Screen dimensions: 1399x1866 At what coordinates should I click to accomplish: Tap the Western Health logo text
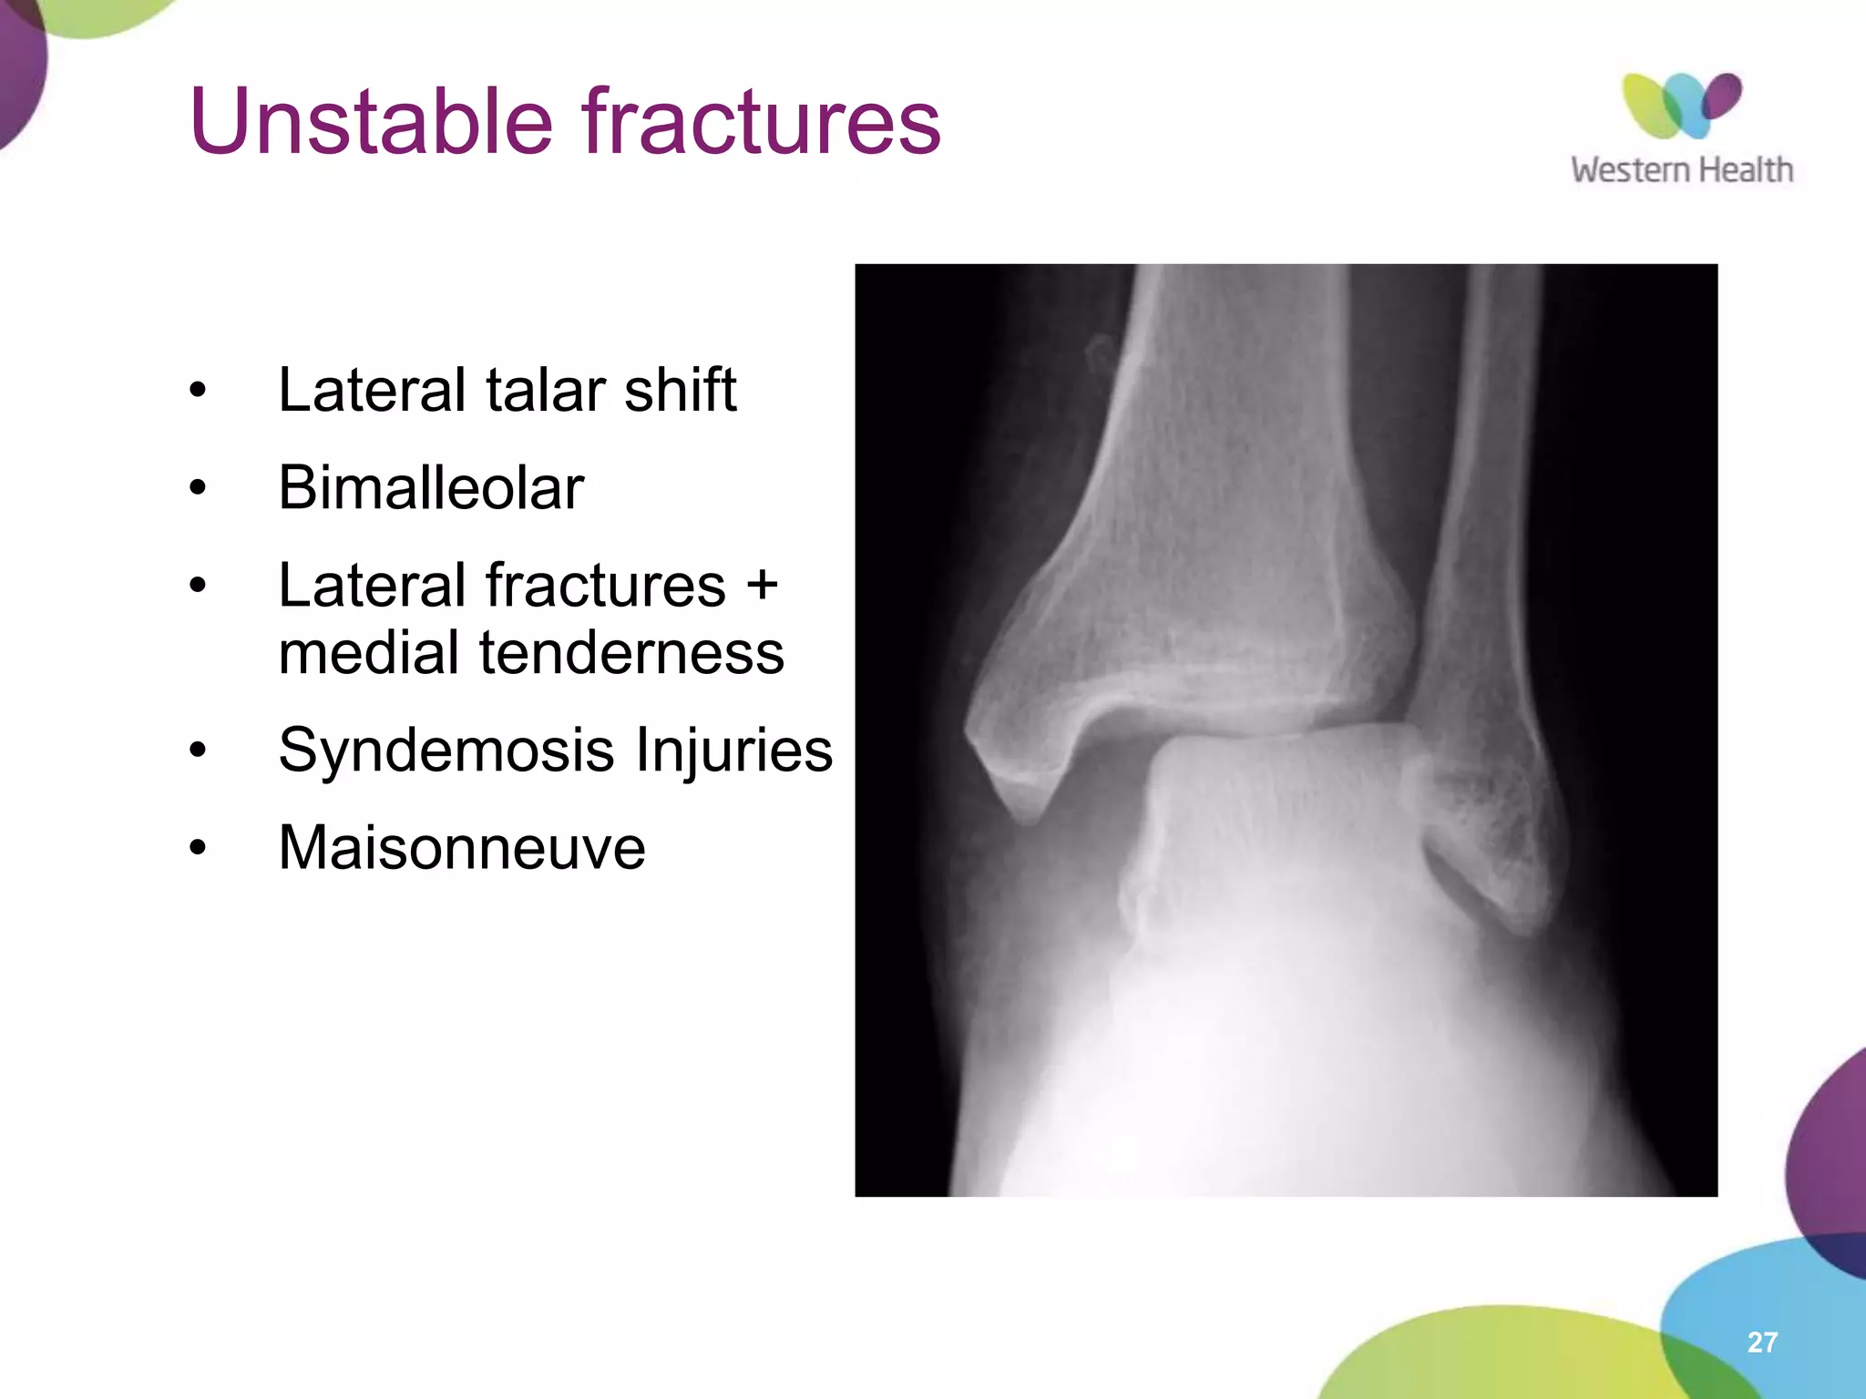pyautogui.click(x=1681, y=170)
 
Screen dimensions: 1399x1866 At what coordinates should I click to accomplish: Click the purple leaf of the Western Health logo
pyautogui.click(x=1722, y=96)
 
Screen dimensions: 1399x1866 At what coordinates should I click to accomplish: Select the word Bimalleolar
pyautogui.click(x=431, y=488)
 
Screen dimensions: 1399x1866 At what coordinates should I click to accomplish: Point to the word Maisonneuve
pyautogui.click(x=462, y=848)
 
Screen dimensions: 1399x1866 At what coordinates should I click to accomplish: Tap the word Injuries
pyautogui.click(x=733, y=751)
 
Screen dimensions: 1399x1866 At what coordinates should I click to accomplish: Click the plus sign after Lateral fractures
pyautogui.click(x=762, y=586)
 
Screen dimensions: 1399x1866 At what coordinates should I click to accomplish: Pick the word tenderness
pyautogui.click(x=631, y=653)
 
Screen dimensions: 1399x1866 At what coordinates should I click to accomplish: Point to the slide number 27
pyautogui.click(x=1762, y=1342)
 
